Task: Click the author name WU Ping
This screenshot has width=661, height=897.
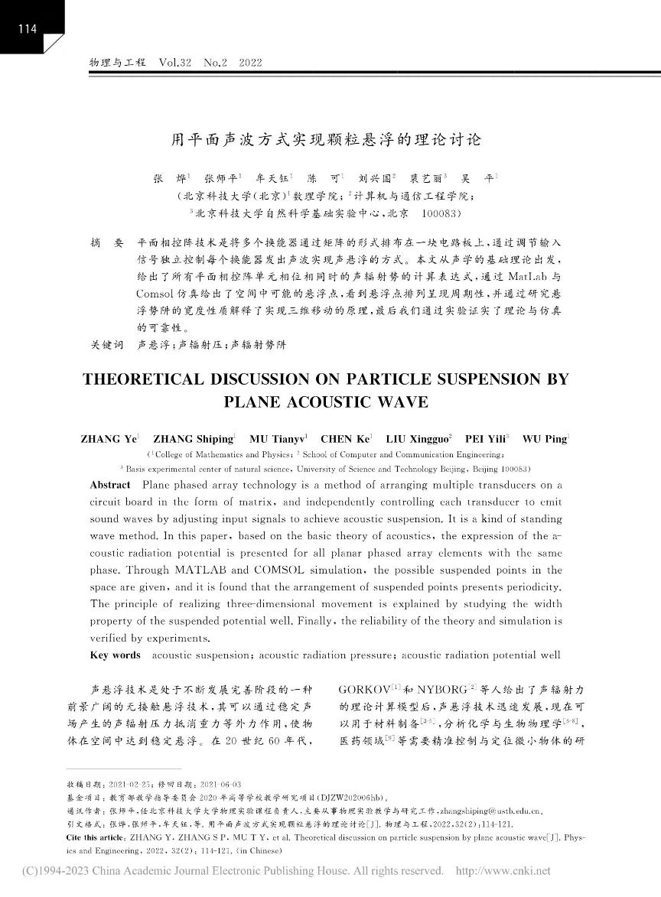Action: (545, 439)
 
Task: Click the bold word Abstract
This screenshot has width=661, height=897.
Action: (110, 485)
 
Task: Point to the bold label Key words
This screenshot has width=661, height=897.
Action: (115, 655)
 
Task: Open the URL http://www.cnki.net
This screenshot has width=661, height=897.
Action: (503, 870)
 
